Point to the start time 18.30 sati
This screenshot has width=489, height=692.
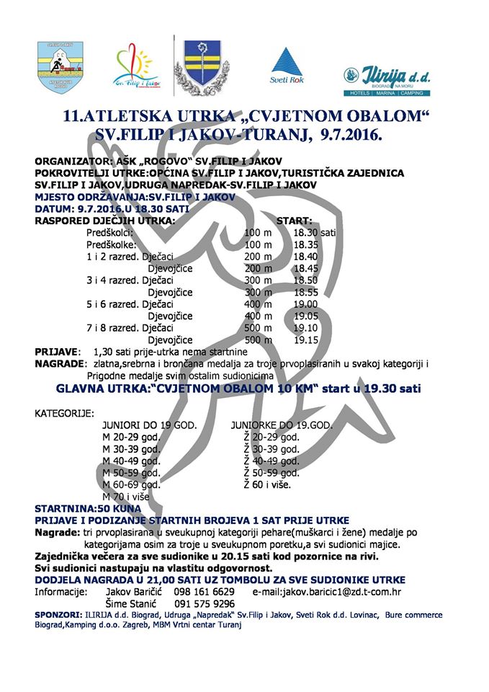tap(314, 233)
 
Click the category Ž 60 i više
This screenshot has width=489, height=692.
tap(267, 484)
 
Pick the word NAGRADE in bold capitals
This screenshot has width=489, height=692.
tap(60, 363)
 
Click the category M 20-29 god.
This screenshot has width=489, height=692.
tap(132, 438)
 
